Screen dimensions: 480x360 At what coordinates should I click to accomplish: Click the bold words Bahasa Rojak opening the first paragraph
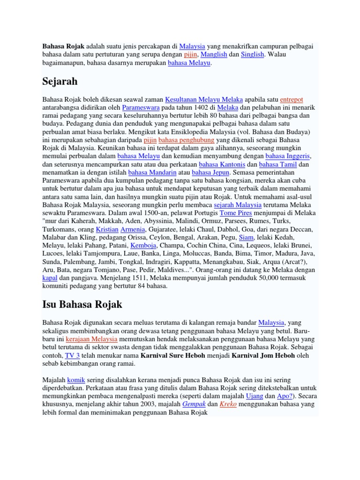64,47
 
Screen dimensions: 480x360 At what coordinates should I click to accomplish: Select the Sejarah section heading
60,81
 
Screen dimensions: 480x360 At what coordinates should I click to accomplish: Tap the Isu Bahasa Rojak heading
82,304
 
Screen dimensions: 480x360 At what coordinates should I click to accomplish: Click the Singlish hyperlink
253,55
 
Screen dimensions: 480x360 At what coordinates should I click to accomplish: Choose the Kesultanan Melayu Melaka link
204,99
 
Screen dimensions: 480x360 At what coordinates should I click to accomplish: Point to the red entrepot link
292,99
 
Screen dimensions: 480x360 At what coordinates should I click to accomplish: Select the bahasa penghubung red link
187,140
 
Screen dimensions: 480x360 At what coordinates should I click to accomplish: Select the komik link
75,379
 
